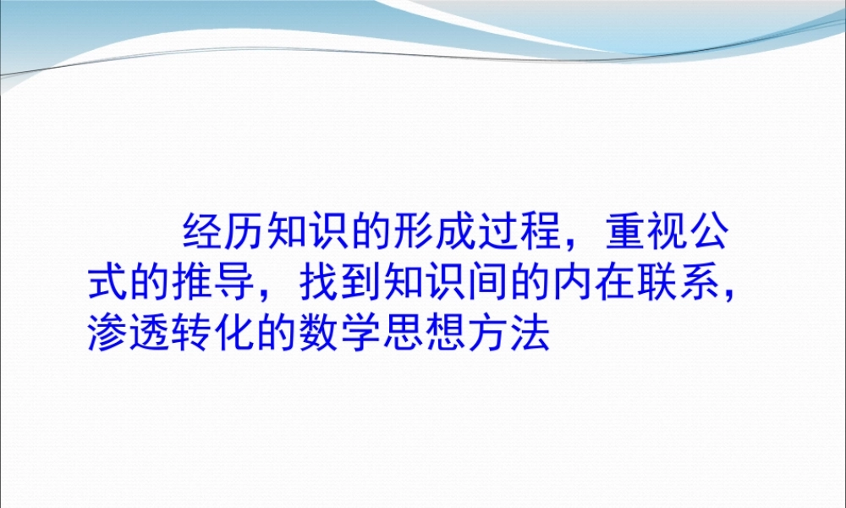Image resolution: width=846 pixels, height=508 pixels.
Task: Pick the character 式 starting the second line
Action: [108, 284]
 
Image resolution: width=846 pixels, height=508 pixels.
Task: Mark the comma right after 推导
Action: [266, 296]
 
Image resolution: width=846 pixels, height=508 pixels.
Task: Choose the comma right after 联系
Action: [714, 296]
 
